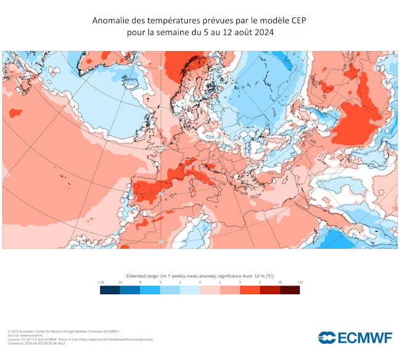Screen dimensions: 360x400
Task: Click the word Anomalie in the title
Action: coord(113,21)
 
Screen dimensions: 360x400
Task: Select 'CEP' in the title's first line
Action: coord(296,21)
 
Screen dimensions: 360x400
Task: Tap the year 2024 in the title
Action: coord(261,33)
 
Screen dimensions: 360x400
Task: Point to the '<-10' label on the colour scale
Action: coord(101,282)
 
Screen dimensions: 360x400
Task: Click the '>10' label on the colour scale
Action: coord(300,282)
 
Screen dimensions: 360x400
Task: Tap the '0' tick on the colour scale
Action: coord(200,282)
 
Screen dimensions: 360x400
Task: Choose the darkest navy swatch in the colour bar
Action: coord(110,290)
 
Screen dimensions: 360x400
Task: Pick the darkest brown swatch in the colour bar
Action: coord(290,290)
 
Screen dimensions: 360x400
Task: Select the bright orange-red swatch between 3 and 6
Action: coord(250,290)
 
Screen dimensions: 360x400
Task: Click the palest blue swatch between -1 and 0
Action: coord(190,290)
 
